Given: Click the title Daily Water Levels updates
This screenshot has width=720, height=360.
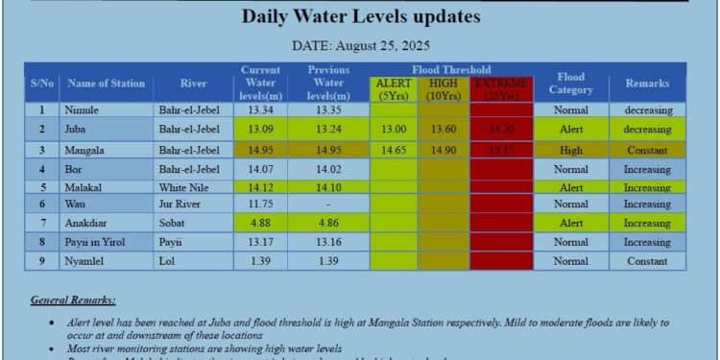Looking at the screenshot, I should coord(360,17).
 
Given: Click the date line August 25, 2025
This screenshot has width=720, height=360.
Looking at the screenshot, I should coord(360,45).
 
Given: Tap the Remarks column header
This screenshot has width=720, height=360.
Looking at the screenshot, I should coord(647,84).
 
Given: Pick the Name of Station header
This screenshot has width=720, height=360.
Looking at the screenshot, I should coord(107,84).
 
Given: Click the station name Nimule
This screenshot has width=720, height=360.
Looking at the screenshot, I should coord(82,110).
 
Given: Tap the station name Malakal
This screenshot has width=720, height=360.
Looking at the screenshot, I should coord(84,187).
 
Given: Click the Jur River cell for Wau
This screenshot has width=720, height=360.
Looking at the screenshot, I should coord(180,204).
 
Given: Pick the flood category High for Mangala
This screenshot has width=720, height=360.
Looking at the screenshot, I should coord(570,151).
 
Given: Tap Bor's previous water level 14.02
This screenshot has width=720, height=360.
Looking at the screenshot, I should coord(328,170).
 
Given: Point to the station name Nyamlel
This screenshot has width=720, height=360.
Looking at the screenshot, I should coord(84,261).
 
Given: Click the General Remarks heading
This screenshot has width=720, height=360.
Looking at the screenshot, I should coord(73,300).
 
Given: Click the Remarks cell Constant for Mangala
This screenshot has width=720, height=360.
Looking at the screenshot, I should coord(647,151).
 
